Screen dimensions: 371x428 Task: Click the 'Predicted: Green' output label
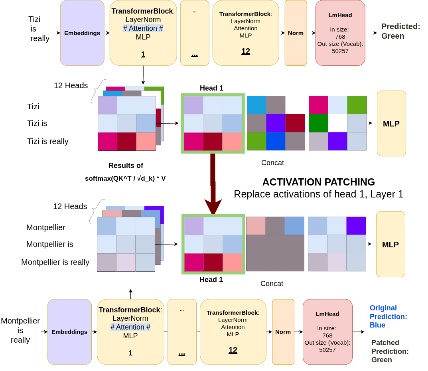click(x=400, y=31)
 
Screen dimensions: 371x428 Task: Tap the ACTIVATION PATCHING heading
click(x=318, y=182)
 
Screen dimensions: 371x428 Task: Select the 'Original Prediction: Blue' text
click(x=388, y=316)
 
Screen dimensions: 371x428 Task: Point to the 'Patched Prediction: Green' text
click(x=390, y=351)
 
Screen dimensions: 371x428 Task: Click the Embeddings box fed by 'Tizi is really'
click(x=82, y=33)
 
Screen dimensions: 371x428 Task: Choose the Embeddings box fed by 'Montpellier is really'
click(x=69, y=332)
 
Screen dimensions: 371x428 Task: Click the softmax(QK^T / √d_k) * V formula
click(x=125, y=178)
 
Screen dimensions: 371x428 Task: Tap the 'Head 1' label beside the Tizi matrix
click(x=211, y=88)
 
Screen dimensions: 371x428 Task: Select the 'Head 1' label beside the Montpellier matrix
click(x=211, y=280)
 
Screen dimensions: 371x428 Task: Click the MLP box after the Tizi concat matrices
click(x=391, y=124)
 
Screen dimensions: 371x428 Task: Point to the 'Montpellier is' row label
click(x=49, y=244)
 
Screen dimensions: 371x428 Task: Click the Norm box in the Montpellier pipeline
click(x=283, y=332)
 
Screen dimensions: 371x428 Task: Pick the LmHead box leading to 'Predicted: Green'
click(x=340, y=33)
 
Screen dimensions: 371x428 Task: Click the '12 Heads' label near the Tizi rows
click(x=71, y=85)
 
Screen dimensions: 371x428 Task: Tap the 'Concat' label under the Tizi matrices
click(x=272, y=163)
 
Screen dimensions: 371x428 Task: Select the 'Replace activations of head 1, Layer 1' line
click(x=318, y=194)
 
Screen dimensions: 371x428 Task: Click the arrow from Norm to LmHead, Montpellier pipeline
click(x=298, y=332)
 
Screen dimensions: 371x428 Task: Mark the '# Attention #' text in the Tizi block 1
click(x=143, y=28)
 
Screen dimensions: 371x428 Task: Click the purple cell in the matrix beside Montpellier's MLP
click(x=356, y=226)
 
